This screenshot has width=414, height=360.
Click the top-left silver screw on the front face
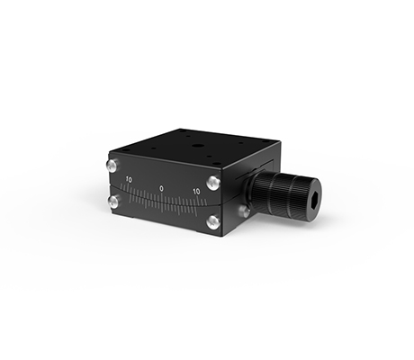(112, 166)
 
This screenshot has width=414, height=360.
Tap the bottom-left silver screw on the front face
(114, 202)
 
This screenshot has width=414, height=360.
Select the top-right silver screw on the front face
(213, 183)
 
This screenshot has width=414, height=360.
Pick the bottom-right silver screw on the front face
(213, 222)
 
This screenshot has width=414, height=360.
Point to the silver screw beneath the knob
(245, 211)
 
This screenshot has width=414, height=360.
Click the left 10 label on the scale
(129, 180)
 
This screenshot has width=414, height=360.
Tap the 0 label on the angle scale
(162, 189)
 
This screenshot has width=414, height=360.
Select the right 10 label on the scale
(196, 192)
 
